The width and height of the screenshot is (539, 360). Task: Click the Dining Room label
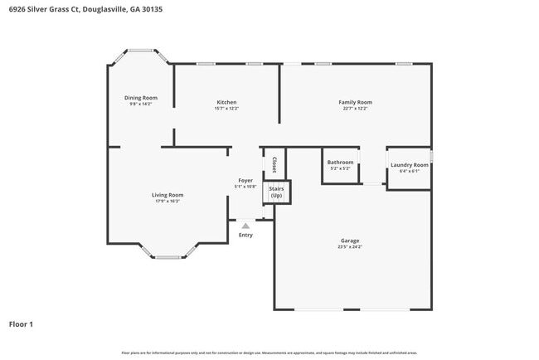(141, 98)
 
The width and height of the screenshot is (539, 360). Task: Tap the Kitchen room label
(226, 102)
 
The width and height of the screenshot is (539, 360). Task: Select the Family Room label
(354, 102)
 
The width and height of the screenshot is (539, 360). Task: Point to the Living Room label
(167, 195)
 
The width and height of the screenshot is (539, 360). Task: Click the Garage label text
(349, 241)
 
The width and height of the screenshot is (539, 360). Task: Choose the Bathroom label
(340, 163)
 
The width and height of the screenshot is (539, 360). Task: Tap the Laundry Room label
(409, 165)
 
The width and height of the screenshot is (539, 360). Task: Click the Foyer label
(245, 180)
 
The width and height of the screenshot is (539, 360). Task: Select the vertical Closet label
(274, 164)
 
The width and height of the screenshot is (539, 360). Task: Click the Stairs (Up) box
(276, 192)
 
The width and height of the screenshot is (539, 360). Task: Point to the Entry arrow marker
(245, 225)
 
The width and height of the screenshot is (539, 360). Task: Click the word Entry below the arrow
(245, 235)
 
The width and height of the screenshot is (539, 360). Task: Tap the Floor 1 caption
(21, 324)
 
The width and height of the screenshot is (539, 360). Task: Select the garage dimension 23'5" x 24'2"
(349, 247)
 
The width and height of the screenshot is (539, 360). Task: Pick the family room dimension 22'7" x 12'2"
(354, 109)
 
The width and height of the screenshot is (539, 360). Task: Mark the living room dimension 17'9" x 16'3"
(167, 202)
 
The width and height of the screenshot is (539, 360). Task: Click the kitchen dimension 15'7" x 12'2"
(226, 109)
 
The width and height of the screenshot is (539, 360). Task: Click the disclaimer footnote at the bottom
(269, 353)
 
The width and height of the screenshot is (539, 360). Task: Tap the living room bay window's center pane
(168, 257)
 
